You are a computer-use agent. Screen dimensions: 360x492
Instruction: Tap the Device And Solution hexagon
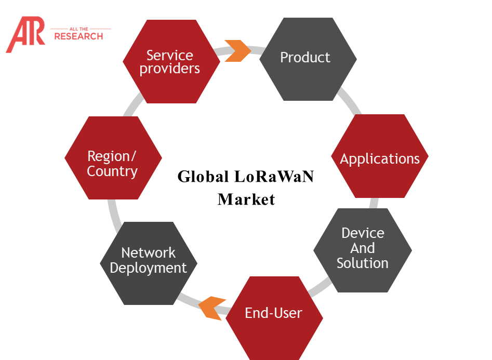pos(363,250)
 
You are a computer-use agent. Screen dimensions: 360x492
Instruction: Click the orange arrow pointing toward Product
pos(237,50)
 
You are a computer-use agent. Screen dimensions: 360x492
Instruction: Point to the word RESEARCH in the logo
pos(78,36)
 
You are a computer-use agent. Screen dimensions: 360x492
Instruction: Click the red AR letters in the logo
pos(25,35)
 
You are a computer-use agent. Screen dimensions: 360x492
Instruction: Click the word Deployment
pos(148,269)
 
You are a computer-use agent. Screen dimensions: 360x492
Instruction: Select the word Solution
pos(363,263)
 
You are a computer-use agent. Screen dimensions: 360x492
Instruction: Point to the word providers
pos(170,69)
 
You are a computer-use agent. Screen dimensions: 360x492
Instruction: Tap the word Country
pos(112,171)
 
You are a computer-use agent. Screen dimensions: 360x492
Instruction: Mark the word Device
pos(363,233)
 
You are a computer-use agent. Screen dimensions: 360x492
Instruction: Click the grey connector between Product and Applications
pos(350,101)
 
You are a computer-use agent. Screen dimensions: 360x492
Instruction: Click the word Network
pos(148,253)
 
